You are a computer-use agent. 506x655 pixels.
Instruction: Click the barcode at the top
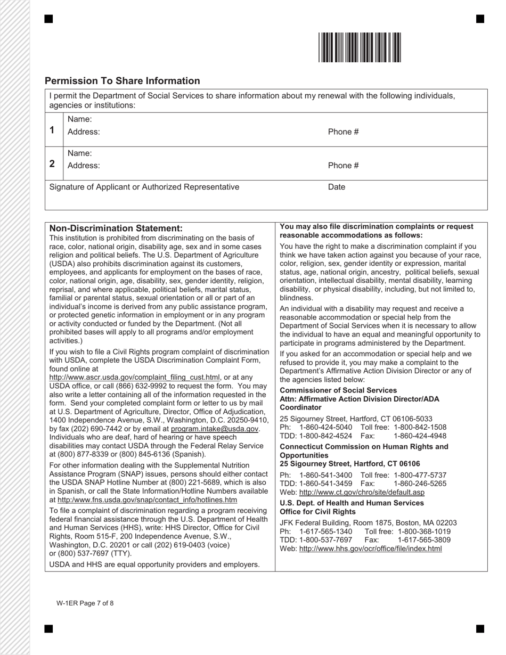click(x=360, y=47)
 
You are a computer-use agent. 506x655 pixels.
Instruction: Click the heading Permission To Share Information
click(x=123, y=81)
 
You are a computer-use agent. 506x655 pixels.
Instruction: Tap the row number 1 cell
click(x=52, y=130)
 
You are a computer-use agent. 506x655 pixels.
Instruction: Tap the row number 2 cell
click(x=52, y=163)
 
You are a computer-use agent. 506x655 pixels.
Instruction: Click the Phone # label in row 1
click(x=343, y=132)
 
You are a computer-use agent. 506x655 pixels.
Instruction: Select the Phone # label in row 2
click(x=343, y=166)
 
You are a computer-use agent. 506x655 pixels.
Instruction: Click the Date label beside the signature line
click(x=337, y=187)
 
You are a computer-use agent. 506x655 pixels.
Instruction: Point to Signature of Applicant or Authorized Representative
click(x=144, y=187)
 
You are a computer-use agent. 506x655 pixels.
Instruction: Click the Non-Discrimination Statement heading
click(x=116, y=228)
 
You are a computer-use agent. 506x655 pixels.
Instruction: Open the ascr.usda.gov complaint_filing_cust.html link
click(x=134, y=378)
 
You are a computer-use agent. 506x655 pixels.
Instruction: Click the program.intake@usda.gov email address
click(x=215, y=429)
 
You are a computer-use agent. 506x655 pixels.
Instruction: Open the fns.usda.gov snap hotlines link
click(x=147, y=500)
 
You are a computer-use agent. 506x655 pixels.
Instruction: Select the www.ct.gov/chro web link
click(x=362, y=493)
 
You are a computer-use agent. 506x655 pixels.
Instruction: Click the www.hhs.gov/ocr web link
click(x=370, y=548)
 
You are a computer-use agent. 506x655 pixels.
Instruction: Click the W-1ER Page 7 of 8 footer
click(x=85, y=603)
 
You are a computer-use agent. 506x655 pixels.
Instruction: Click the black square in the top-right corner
click(x=480, y=19)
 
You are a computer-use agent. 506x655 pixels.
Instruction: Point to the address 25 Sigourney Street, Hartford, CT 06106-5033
click(x=356, y=419)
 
